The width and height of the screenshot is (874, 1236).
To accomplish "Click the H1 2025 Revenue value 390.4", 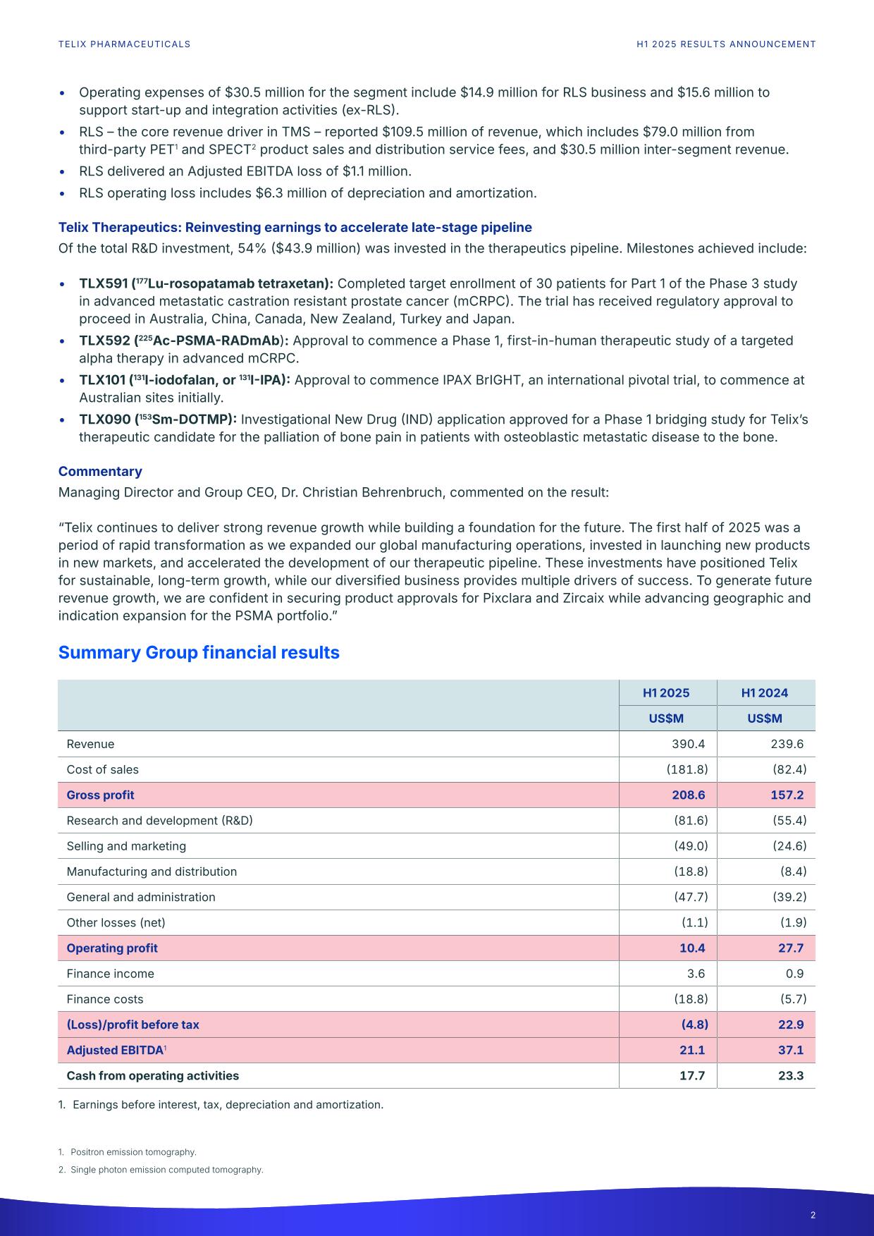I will click(x=688, y=744).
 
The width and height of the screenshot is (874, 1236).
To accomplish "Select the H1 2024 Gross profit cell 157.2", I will click(x=787, y=795).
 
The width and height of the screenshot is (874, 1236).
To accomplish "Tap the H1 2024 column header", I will click(x=765, y=692).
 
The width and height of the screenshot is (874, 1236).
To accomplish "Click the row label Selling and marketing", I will click(x=126, y=846).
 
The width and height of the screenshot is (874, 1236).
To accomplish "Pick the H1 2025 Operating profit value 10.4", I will click(x=692, y=948).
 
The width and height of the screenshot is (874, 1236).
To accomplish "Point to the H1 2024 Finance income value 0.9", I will click(x=794, y=973).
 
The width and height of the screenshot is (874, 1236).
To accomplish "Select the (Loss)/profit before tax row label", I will click(x=133, y=1024).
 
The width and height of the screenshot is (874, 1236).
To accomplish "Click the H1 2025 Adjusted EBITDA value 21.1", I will click(x=692, y=1050).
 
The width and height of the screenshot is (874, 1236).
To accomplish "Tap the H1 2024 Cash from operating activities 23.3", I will click(x=791, y=1075).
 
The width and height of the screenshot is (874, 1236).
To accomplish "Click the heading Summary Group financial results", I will click(x=199, y=652).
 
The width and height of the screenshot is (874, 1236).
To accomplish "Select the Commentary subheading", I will click(x=100, y=471).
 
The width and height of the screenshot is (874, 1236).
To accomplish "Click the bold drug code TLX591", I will click(x=103, y=283).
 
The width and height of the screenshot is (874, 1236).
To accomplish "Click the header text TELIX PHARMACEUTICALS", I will click(x=124, y=44).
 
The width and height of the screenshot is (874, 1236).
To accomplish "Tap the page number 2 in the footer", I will click(x=813, y=1215).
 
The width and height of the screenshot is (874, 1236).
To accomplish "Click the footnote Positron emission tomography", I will click(x=133, y=1152).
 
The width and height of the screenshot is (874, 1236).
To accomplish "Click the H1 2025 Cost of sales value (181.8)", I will click(x=687, y=769).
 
